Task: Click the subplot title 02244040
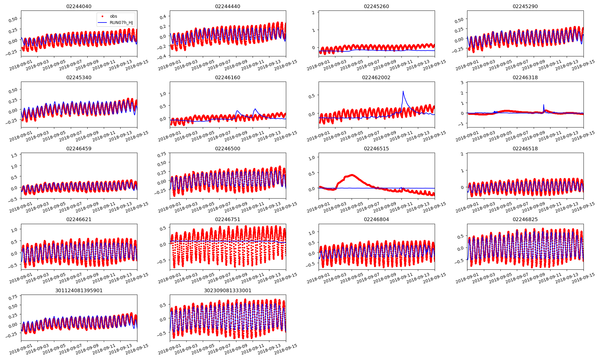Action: [x=79, y=7]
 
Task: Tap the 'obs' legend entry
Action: [x=113, y=16]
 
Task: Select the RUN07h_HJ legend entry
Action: [x=121, y=23]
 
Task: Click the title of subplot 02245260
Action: [x=376, y=7]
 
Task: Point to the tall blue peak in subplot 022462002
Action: [x=403, y=91]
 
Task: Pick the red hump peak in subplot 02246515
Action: [x=352, y=175]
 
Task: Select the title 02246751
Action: [x=227, y=220]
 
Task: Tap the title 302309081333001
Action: [x=227, y=291]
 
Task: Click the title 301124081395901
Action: [x=79, y=291]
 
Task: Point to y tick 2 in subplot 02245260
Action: [x=313, y=13]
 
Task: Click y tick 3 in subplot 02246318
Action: [x=462, y=82]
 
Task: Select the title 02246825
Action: [x=525, y=220]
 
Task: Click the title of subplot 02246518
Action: [x=525, y=149]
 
